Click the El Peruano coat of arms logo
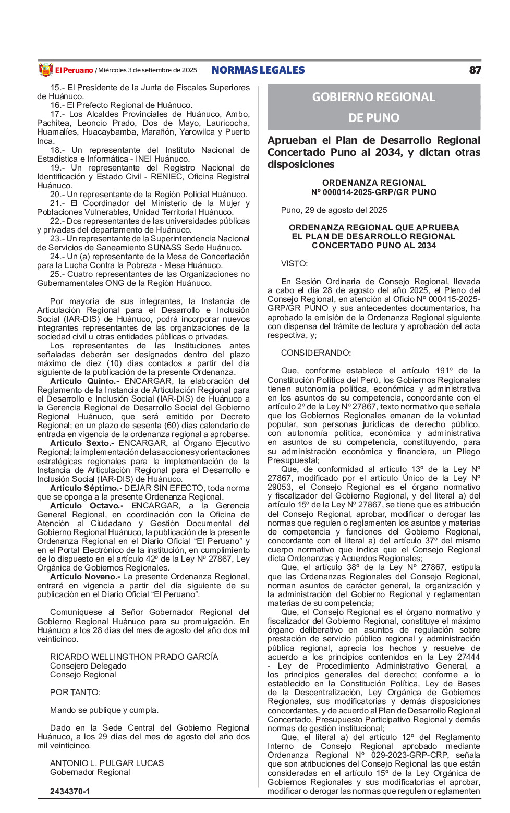pyautogui.click(x=46, y=70)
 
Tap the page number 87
pyautogui.click(x=475, y=70)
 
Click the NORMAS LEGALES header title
pyautogui.click(x=258, y=70)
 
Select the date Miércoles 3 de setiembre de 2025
pyautogui.click(x=148, y=70)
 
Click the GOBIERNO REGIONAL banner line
pyautogui.click(x=373, y=97)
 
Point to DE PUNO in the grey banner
pyautogui.click(x=373, y=118)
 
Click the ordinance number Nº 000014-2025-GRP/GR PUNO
pyautogui.click(x=374, y=192)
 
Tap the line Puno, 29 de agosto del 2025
pyautogui.click(x=334, y=210)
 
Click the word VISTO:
pyautogui.click(x=294, y=264)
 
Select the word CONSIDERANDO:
pyautogui.click(x=316, y=353)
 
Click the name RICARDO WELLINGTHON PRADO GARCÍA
pyautogui.click(x=134, y=657)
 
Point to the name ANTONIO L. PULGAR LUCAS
pyautogui.click(x=107, y=763)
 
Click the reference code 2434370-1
pyautogui.click(x=70, y=792)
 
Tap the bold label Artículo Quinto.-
pyautogui.click(x=84, y=381)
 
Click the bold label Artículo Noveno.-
pyautogui.click(x=85, y=577)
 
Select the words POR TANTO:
pyautogui.click(x=75, y=693)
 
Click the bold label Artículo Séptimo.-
pyautogui.click(x=86, y=488)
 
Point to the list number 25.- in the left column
pyautogui.click(x=57, y=274)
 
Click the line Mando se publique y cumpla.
pyautogui.click(x=104, y=710)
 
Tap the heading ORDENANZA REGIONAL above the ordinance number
pyautogui.click(x=374, y=183)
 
